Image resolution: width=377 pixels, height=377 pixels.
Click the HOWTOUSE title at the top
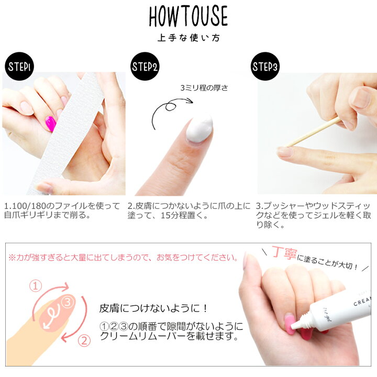[x=188, y=16]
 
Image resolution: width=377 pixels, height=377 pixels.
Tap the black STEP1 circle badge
[x=19, y=66]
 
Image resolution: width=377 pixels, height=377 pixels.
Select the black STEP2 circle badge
[x=145, y=66]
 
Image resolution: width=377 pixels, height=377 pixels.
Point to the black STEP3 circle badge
[x=265, y=66]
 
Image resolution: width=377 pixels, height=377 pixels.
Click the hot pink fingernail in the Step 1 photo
[x=51, y=124]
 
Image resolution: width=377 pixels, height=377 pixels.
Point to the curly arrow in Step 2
[x=168, y=108]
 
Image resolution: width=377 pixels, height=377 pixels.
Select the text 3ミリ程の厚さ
[x=204, y=88]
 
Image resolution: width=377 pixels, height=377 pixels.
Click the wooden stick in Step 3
[x=312, y=132]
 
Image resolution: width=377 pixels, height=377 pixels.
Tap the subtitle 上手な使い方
[x=188, y=38]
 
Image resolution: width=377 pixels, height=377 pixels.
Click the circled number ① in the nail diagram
[x=36, y=286]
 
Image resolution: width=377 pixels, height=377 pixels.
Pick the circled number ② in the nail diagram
[x=84, y=341]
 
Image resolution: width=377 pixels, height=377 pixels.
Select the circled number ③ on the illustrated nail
[x=68, y=302]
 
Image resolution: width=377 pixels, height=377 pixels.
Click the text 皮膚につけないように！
[x=153, y=308]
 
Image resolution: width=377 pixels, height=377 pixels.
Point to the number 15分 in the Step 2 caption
[x=169, y=215]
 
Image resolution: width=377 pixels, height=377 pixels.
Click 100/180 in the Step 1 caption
[x=28, y=206]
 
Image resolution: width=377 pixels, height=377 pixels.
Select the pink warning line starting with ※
[x=123, y=258]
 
